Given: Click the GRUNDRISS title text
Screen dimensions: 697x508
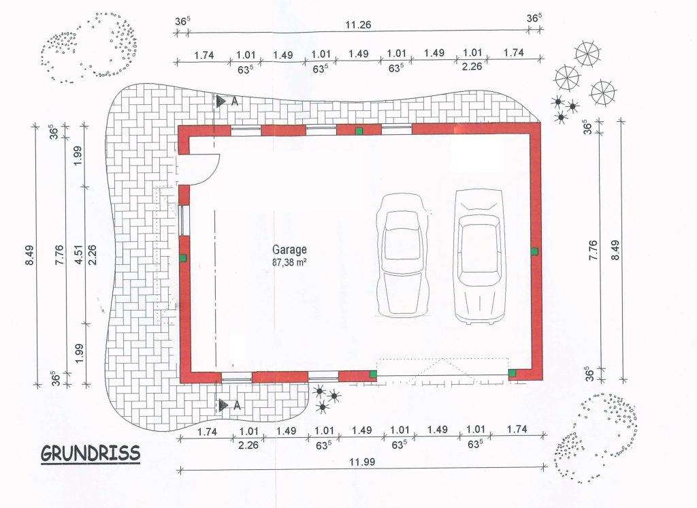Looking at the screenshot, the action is point(91,454).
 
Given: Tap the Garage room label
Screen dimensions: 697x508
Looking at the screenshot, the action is point(289,249).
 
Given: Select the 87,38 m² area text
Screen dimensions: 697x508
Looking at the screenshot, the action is point(289,262).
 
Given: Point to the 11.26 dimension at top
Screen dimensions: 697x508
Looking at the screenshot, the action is point(358,25).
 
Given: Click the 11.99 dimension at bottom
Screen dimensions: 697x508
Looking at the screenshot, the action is point(362,462).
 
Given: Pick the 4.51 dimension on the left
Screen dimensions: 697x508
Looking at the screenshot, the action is point(79,255).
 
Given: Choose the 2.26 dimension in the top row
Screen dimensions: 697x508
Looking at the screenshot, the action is point(472,67).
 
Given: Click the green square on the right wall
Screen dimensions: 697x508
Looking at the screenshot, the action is point(534,251).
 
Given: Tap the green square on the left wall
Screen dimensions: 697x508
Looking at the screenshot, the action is point(182,257).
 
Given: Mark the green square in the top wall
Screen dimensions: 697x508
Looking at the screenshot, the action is point(359,131).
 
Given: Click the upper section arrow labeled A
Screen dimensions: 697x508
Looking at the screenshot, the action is point(221,101).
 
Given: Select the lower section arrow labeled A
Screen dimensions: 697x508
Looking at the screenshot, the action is point(223,404).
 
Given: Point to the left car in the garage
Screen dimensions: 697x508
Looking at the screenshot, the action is point(403,255).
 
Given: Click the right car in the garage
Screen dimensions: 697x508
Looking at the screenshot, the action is point(480,257).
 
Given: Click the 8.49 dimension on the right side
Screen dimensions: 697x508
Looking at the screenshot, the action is point(615,251).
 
